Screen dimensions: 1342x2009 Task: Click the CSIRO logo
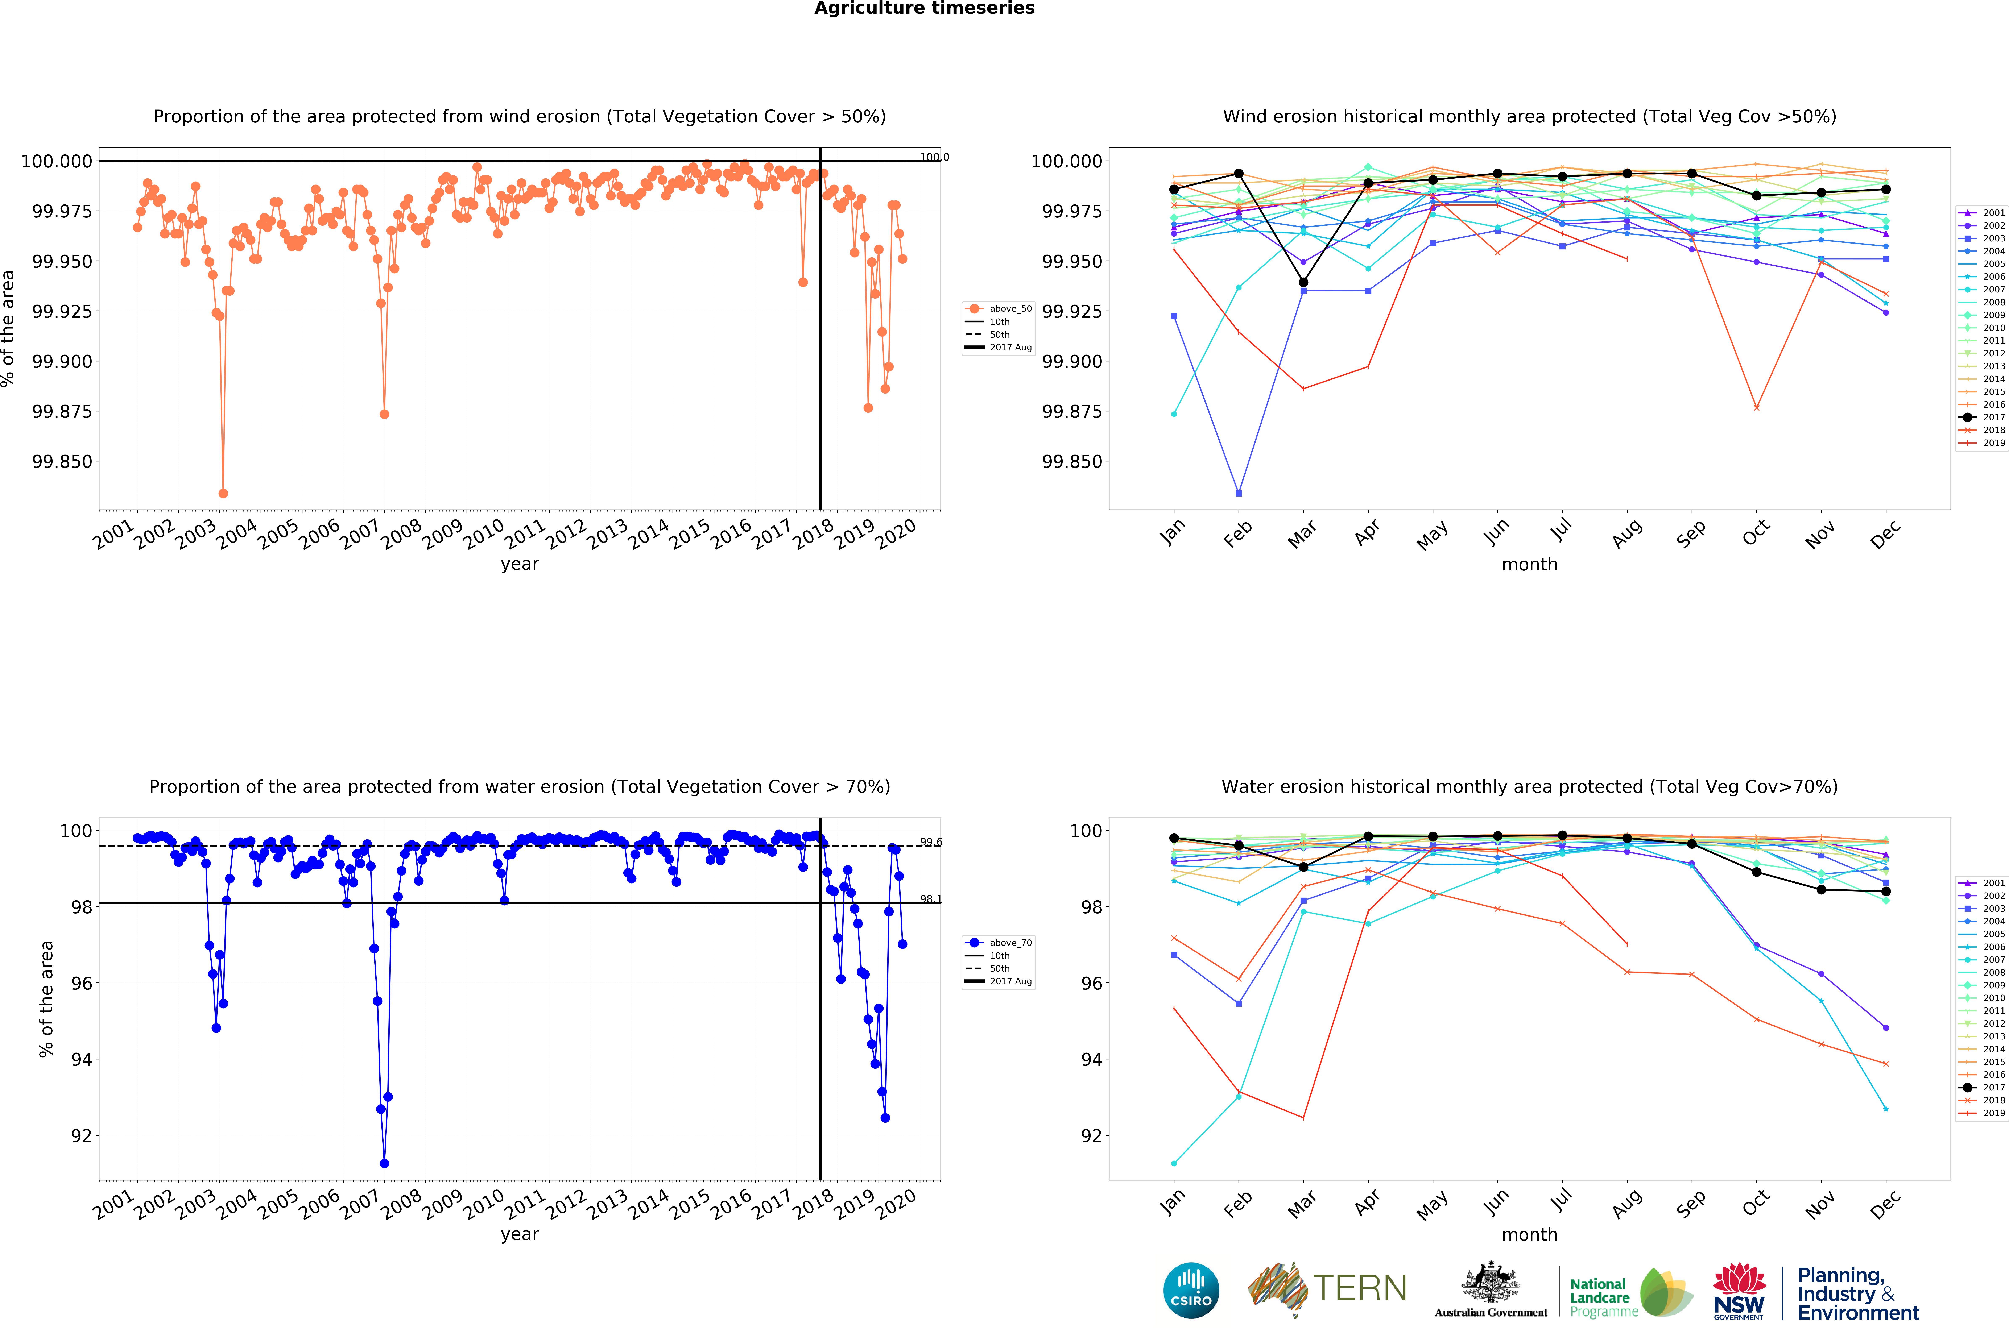pyautogui.click(x=1191, y=1290)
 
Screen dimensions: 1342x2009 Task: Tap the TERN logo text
pyautogui.click(x=1359, y=1288)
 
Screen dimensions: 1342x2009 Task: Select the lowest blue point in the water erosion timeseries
pyautogui.click(x=384, y=1163)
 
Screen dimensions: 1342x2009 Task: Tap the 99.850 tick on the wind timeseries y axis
pyautogui.click(x=62, y=461)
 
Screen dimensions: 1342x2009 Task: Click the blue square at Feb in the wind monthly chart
pyautogui.click(x=1239, y=493)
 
